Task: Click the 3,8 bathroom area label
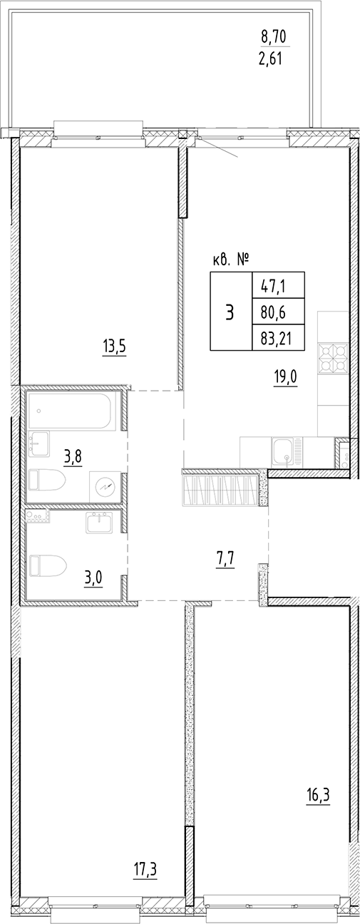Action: pos(73,456)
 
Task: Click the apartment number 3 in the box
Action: pos(230,311)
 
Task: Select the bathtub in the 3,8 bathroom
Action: pos(71,413)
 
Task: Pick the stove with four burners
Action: pos(332,358)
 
